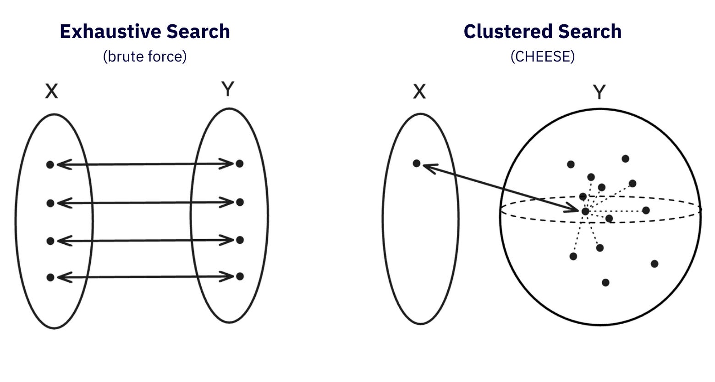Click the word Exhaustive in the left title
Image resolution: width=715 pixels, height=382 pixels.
(110, 32)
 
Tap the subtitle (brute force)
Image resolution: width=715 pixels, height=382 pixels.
(145, 56)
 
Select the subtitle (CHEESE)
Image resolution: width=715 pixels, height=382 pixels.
(543, 56)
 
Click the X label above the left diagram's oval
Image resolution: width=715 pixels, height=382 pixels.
(52, 92)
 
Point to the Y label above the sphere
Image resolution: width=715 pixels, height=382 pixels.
(599, 92)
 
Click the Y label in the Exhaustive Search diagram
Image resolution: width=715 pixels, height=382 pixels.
(228, 90)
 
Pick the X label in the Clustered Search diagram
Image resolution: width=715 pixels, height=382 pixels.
(419, 92)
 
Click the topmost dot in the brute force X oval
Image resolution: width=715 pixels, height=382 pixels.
(50, 164)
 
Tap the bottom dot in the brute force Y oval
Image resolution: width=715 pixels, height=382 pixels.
(239, 276)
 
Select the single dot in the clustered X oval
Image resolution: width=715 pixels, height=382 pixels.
(417, 163)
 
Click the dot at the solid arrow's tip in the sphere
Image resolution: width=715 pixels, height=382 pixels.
(585, 211)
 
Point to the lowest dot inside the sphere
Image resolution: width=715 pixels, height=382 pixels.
(605, 282)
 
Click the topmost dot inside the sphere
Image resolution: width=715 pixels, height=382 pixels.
(625, 159)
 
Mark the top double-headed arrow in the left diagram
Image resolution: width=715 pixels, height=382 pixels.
(145, 164)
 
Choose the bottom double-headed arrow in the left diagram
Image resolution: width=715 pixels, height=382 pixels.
(145, 277)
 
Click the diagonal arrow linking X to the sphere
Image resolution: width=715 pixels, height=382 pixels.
(500, 187)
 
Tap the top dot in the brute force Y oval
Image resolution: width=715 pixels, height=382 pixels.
(239, 163)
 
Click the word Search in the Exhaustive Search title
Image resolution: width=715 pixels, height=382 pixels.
(198, 32)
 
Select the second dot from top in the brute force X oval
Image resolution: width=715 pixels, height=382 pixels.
(50, 203)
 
